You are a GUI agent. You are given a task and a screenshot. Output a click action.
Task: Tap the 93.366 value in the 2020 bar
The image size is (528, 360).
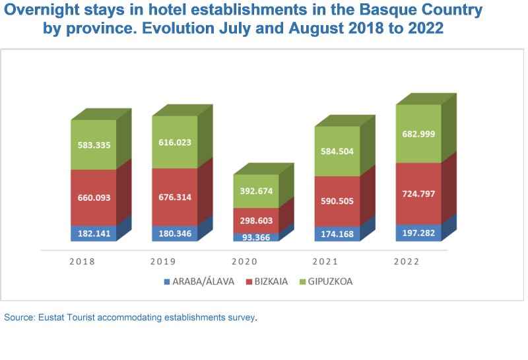point(255,238)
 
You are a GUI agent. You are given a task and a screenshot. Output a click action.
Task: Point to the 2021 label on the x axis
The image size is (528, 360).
point(337,261)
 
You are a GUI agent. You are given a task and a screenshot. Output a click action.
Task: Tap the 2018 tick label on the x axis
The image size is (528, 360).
point(82,261)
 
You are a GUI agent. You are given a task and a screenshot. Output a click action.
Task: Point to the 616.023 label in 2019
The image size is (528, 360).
point(174,141)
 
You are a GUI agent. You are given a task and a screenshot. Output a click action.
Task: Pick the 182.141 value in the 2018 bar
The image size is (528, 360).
point(94,234)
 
